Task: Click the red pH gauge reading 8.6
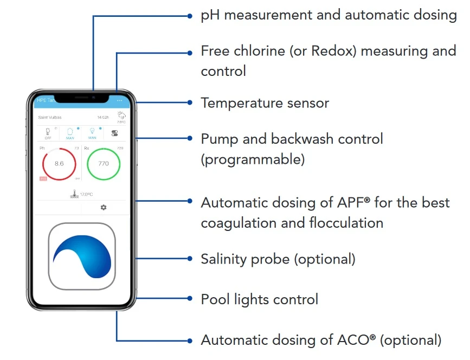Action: coord(59,163)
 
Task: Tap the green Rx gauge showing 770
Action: coord(104,163)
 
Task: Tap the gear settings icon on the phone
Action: coord(104,207)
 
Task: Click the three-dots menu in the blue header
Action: coord(120,100)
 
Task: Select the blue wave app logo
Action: coord(82,256)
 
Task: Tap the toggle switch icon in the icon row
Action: coord(114,133)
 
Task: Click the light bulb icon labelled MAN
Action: coord(92,132)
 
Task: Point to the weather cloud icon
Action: coord(121,115)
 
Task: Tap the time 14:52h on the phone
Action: coord(103,117)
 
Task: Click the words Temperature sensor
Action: coord(265,102)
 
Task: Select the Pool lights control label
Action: coord(259,299)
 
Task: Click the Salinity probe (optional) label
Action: coord(278,259)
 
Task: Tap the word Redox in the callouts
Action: coord(334,51)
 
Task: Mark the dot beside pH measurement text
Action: coord(190,16)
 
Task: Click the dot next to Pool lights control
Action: coord(190,299)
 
